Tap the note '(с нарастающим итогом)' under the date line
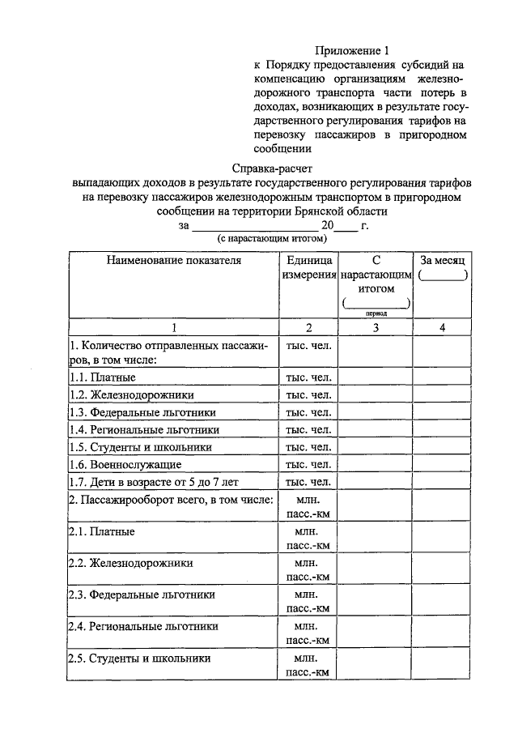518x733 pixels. [270, 240]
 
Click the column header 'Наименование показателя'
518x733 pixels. [172, 261]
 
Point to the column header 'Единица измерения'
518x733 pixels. [308, 268]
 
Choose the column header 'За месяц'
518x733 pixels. [442, 261]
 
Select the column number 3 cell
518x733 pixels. [376, 327]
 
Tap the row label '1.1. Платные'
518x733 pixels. [102, 377]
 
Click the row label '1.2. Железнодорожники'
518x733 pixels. [131, 394]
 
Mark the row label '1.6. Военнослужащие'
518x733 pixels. [125, 465]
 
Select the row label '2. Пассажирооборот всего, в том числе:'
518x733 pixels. [170, 501]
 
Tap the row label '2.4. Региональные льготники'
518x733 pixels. [143, 626]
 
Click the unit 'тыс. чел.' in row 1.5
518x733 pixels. [308, 447]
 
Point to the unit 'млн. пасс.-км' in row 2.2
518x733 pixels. [308, 569]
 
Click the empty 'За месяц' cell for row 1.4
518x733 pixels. [442, 430]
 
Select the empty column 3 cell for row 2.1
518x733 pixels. [376, 539]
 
